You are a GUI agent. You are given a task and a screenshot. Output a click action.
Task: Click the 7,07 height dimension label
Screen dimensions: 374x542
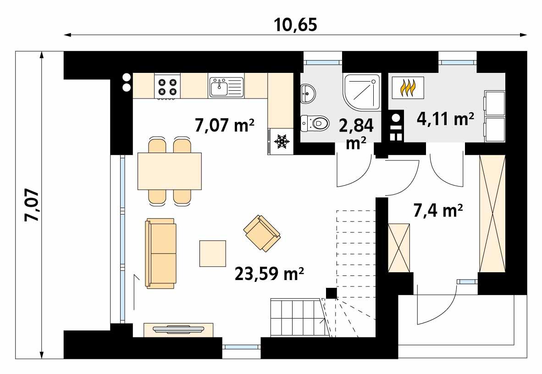pos(33,206)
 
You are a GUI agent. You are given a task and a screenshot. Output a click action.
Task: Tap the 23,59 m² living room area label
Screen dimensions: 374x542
pos(270,274)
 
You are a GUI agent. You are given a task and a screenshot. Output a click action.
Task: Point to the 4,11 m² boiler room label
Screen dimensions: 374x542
pos(445,119)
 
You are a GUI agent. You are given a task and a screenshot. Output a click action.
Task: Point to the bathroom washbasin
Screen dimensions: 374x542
pos(308,93)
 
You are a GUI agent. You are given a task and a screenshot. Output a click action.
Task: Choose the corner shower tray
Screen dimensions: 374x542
pos(362,92)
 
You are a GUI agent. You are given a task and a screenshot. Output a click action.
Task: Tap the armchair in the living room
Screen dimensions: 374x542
pos(261,233)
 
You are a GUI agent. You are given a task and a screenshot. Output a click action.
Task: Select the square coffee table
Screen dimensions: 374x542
pos(213,253)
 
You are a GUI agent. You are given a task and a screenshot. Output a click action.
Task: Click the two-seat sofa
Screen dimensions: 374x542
pos(160,253)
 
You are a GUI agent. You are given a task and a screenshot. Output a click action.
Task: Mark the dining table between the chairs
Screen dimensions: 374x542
pos(170,171)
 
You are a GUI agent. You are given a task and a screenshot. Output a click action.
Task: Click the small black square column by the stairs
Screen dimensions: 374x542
pos(331,292)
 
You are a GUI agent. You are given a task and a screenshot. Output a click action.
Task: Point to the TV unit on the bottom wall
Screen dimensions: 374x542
pos(178,329)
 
